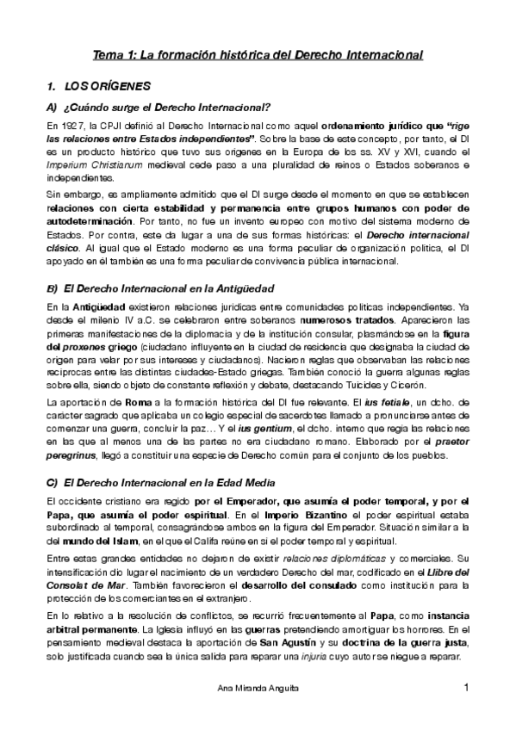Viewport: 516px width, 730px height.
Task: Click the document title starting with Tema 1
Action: [258, 56]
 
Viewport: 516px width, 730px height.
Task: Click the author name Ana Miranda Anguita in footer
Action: [258, 687]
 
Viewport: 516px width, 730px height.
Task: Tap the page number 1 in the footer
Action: [466, 686]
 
